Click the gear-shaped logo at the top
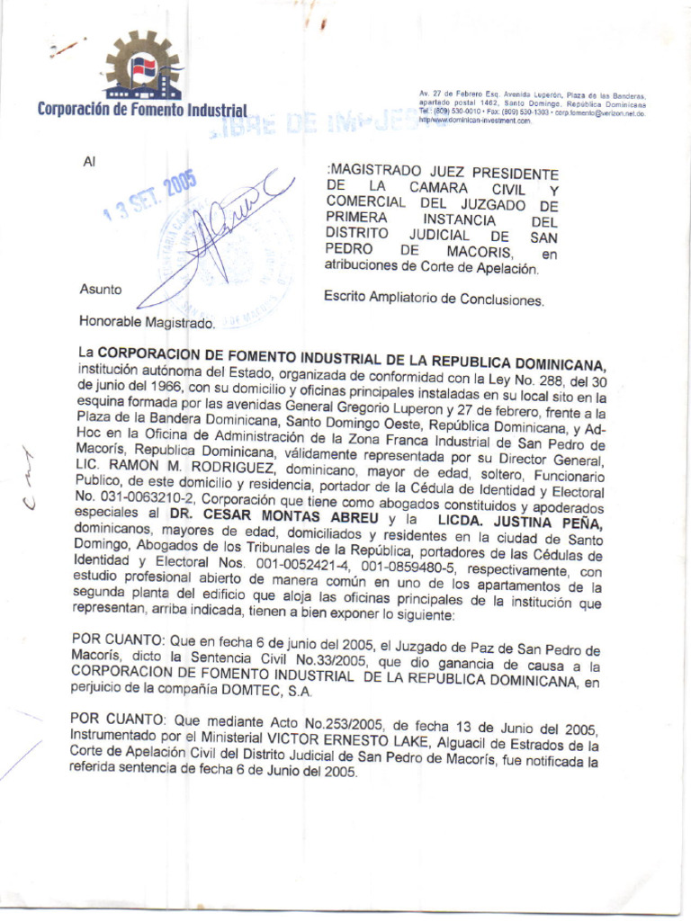pos(143,66)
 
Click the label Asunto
pos(100,290)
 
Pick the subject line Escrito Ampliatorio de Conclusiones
pos(434,298)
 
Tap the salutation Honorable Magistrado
pos(147,321)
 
